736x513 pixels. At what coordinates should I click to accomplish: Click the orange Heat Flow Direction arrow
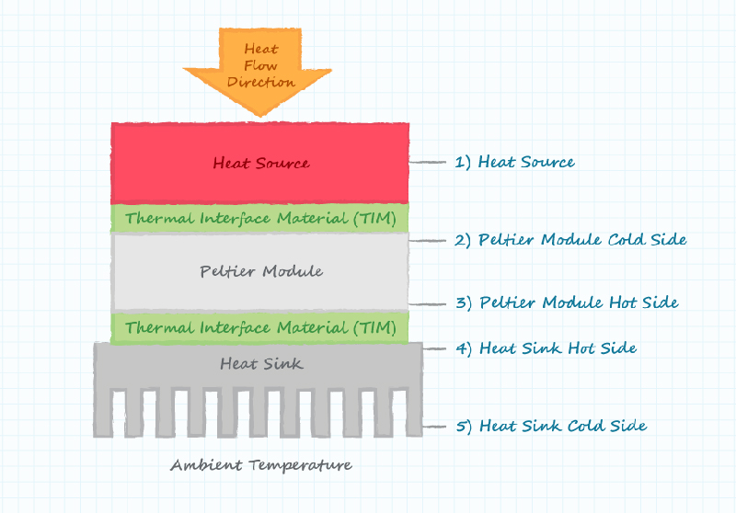point(260,69)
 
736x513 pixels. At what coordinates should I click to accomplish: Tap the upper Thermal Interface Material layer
point(260,218)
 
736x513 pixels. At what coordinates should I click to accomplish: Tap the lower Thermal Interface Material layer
point(260,326)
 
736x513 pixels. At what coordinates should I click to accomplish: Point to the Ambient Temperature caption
point(260,465)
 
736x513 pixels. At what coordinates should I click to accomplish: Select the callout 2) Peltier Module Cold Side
point(570,240)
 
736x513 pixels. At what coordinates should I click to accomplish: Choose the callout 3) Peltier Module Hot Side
point(567,302)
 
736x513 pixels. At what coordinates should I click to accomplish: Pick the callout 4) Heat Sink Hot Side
point(546,348)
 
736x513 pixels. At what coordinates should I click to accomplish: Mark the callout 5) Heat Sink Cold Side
point(550,426)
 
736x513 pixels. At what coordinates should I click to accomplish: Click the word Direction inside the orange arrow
point(260,82)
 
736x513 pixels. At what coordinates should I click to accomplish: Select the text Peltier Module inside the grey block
point(260,272)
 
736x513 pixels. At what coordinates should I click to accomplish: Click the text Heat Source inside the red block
point(260,164)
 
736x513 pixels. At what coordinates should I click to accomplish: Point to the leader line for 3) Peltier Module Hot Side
point(427,303)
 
